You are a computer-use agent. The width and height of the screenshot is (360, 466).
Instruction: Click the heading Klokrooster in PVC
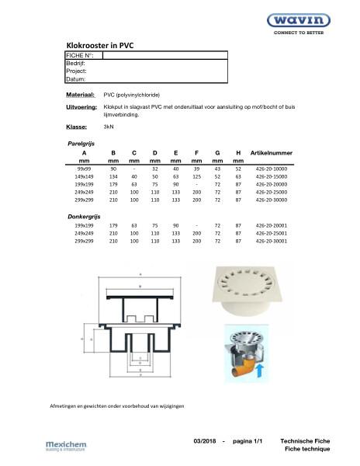pyautogui.click(x=100, y=46)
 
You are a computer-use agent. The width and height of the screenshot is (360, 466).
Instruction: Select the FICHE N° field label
pyautogui.click(x=81, y=55)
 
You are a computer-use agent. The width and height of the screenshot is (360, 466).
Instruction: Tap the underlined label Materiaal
pyautogui.click(x=80, y=93)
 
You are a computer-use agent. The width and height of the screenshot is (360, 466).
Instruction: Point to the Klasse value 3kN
pyautogui.click(x=109, y=126)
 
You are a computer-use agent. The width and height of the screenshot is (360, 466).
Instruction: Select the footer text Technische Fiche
pyautogui.click(x=306, y=440)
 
